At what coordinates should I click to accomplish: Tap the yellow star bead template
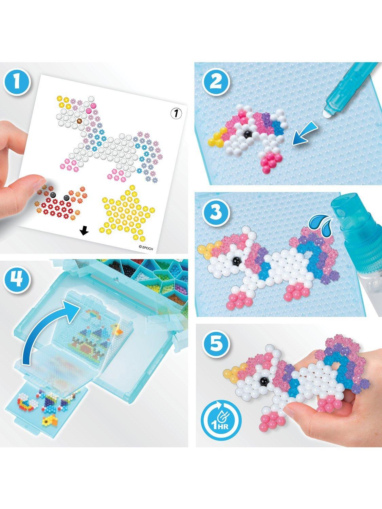click(127, 212)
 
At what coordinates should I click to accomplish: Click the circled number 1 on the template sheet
click(176, 113)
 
